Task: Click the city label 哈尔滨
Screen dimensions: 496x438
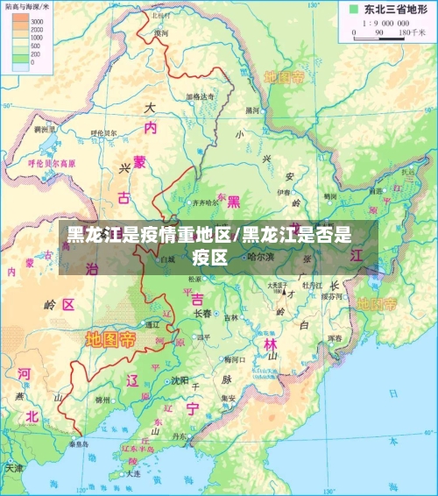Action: (x=260, y=257)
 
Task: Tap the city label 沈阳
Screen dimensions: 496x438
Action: (x=180, y=380)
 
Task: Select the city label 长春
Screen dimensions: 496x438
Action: (x=202, y=313)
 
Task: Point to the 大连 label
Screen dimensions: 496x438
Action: (x=133, y=473)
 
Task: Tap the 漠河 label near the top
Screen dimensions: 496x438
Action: (x=160, y=33)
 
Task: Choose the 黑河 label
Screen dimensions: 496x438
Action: (x=253, y=110)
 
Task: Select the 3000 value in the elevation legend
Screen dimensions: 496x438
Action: (x=38, y=19)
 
